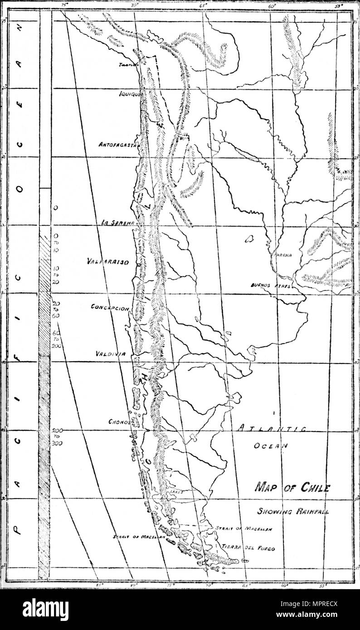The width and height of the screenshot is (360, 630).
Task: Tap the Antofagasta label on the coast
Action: coord(118,145)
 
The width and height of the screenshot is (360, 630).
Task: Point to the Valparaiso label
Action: coord(107,262)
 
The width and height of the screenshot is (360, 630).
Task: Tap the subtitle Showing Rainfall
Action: coord(293,511)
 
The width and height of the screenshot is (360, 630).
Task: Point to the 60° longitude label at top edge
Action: coord(272,7)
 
